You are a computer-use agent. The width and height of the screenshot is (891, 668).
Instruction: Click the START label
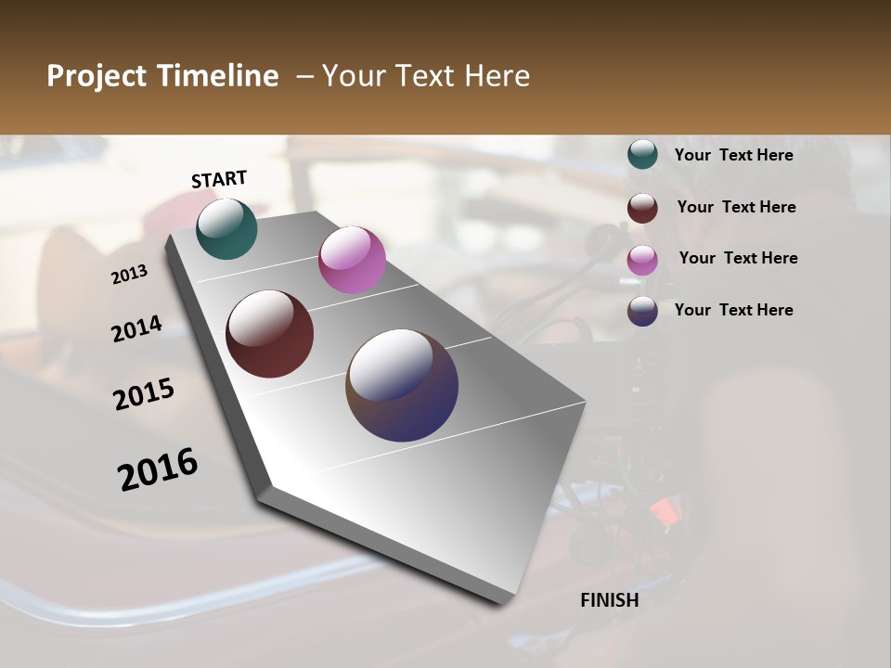219,179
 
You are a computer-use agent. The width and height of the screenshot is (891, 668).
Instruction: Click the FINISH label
609,600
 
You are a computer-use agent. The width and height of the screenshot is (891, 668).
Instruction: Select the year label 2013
130,275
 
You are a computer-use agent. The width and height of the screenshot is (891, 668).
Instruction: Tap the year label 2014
136,329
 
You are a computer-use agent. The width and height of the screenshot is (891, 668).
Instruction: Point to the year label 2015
144,394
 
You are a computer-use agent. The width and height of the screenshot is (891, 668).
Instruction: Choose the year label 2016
158,469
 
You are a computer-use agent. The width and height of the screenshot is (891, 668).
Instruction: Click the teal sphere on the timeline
226,228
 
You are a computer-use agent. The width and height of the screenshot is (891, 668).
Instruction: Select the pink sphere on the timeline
352,260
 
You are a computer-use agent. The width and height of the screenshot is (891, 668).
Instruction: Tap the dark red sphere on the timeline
269,334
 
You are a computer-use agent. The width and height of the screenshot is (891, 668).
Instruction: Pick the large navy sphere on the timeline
402,385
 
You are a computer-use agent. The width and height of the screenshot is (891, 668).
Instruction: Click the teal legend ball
642,155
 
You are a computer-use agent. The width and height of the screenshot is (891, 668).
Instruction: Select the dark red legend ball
642,208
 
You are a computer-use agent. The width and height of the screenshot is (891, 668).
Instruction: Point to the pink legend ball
642,260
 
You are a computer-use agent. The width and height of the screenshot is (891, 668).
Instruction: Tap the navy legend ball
642,311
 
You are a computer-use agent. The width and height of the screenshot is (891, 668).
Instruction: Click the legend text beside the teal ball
733,155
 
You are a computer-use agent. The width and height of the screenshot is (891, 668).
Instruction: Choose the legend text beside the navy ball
733,310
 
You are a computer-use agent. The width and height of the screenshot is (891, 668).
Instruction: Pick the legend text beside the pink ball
738,258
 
